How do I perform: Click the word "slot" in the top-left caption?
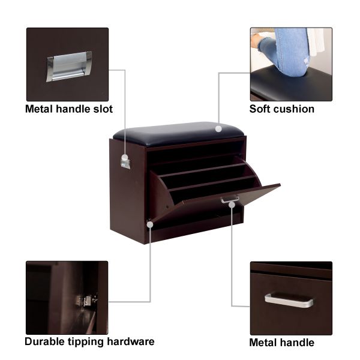pyautogui.click(x=103, y=109)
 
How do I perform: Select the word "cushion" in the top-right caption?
pyautogui.click(x=293, y=109)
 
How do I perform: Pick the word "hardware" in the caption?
pyautogui.click(x=131, y=341)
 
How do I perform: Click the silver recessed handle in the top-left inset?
pyautogui.click(x=69, y=67)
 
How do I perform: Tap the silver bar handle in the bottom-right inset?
pyautogui.click(x=289, y=300)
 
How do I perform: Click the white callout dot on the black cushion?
pyautogui.click(x=218, y=129)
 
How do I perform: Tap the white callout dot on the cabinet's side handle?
pyautogui.click(x=125, y=157)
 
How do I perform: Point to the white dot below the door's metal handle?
pyautogui.click(x=232, y=205)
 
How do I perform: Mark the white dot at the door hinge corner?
pyautogui.click(x=150, y=224)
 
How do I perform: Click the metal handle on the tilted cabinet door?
pyautogui.click(x=230, y=199)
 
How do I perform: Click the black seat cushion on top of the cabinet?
pyautogui.click(x=179, y=134)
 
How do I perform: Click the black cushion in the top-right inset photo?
pyautogui.click(x=291, y=85)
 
